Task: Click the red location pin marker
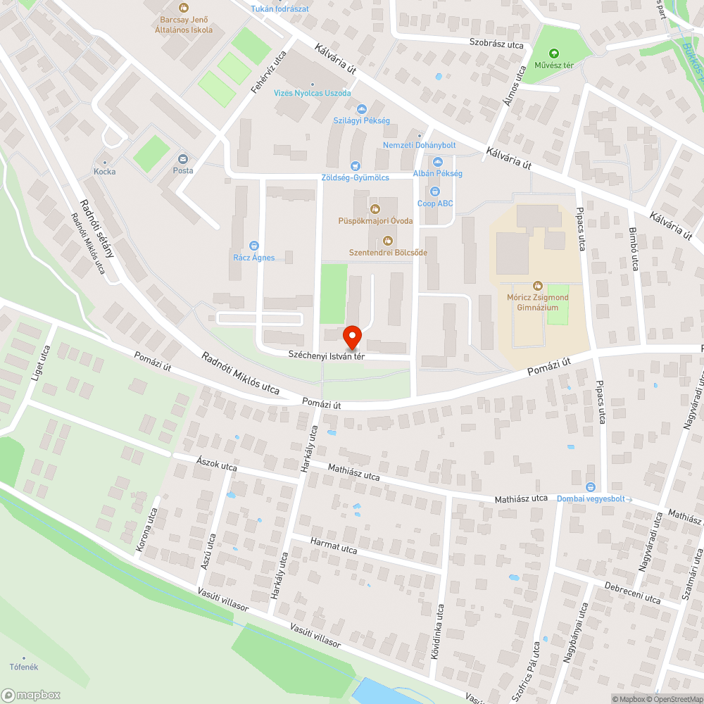[351, 337]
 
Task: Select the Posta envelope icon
[183, 159]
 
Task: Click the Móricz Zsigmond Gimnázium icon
[538, 286]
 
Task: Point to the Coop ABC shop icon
[435, 191]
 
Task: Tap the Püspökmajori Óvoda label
[375, 221]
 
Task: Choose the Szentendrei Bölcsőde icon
[388, 241]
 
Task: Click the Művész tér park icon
[553, 54]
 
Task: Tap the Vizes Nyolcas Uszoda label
[312, 93]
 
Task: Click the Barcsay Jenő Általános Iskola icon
[184, 8]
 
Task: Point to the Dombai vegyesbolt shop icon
[590, 486]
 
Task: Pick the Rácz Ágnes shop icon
[253, 245]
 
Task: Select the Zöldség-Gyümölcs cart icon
[356, 166]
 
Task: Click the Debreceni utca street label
[633, 593]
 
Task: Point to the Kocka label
[105, 171]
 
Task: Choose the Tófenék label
[23, 667]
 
